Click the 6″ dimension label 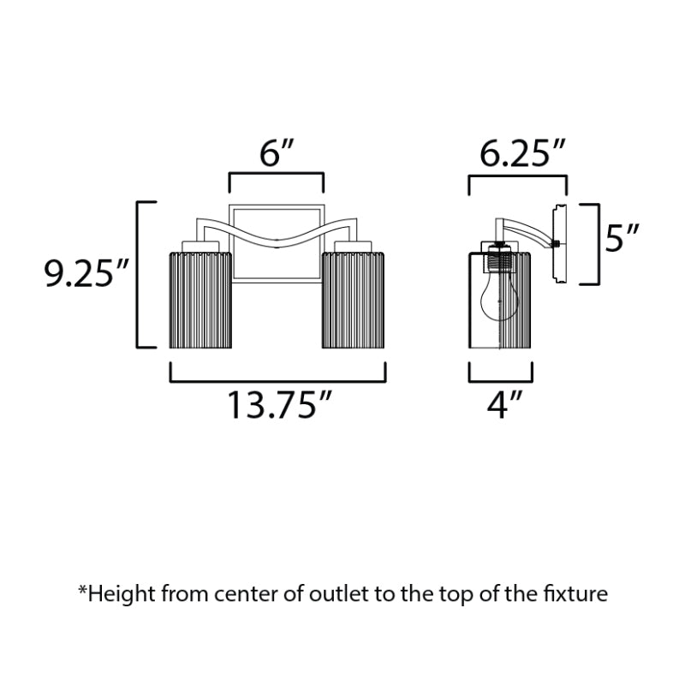point(277,153)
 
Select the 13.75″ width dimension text point(280,405)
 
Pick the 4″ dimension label point(504,405)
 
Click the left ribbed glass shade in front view point(200,301)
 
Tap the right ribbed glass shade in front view point(354,301)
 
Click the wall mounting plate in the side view point(560,244)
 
